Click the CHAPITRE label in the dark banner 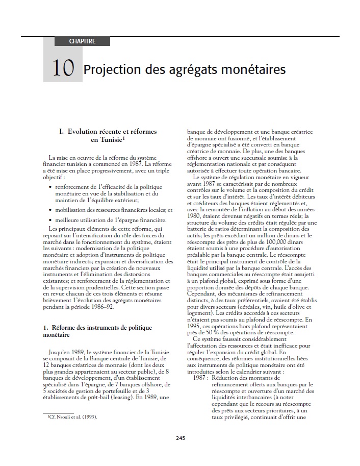point(82,41)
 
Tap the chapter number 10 point(63,68)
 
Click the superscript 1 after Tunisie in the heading point(124,138)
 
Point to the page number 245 point(180,438)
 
